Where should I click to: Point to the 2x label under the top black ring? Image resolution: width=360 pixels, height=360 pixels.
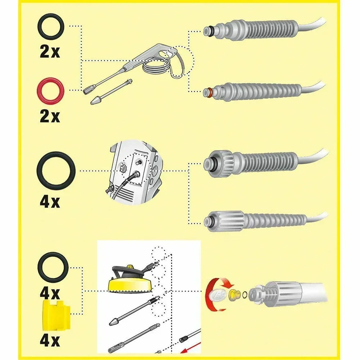point(50,52)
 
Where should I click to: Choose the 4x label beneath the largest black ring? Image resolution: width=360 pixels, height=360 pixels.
point(50,202)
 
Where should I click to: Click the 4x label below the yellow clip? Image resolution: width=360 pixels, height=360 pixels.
point(50,340)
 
